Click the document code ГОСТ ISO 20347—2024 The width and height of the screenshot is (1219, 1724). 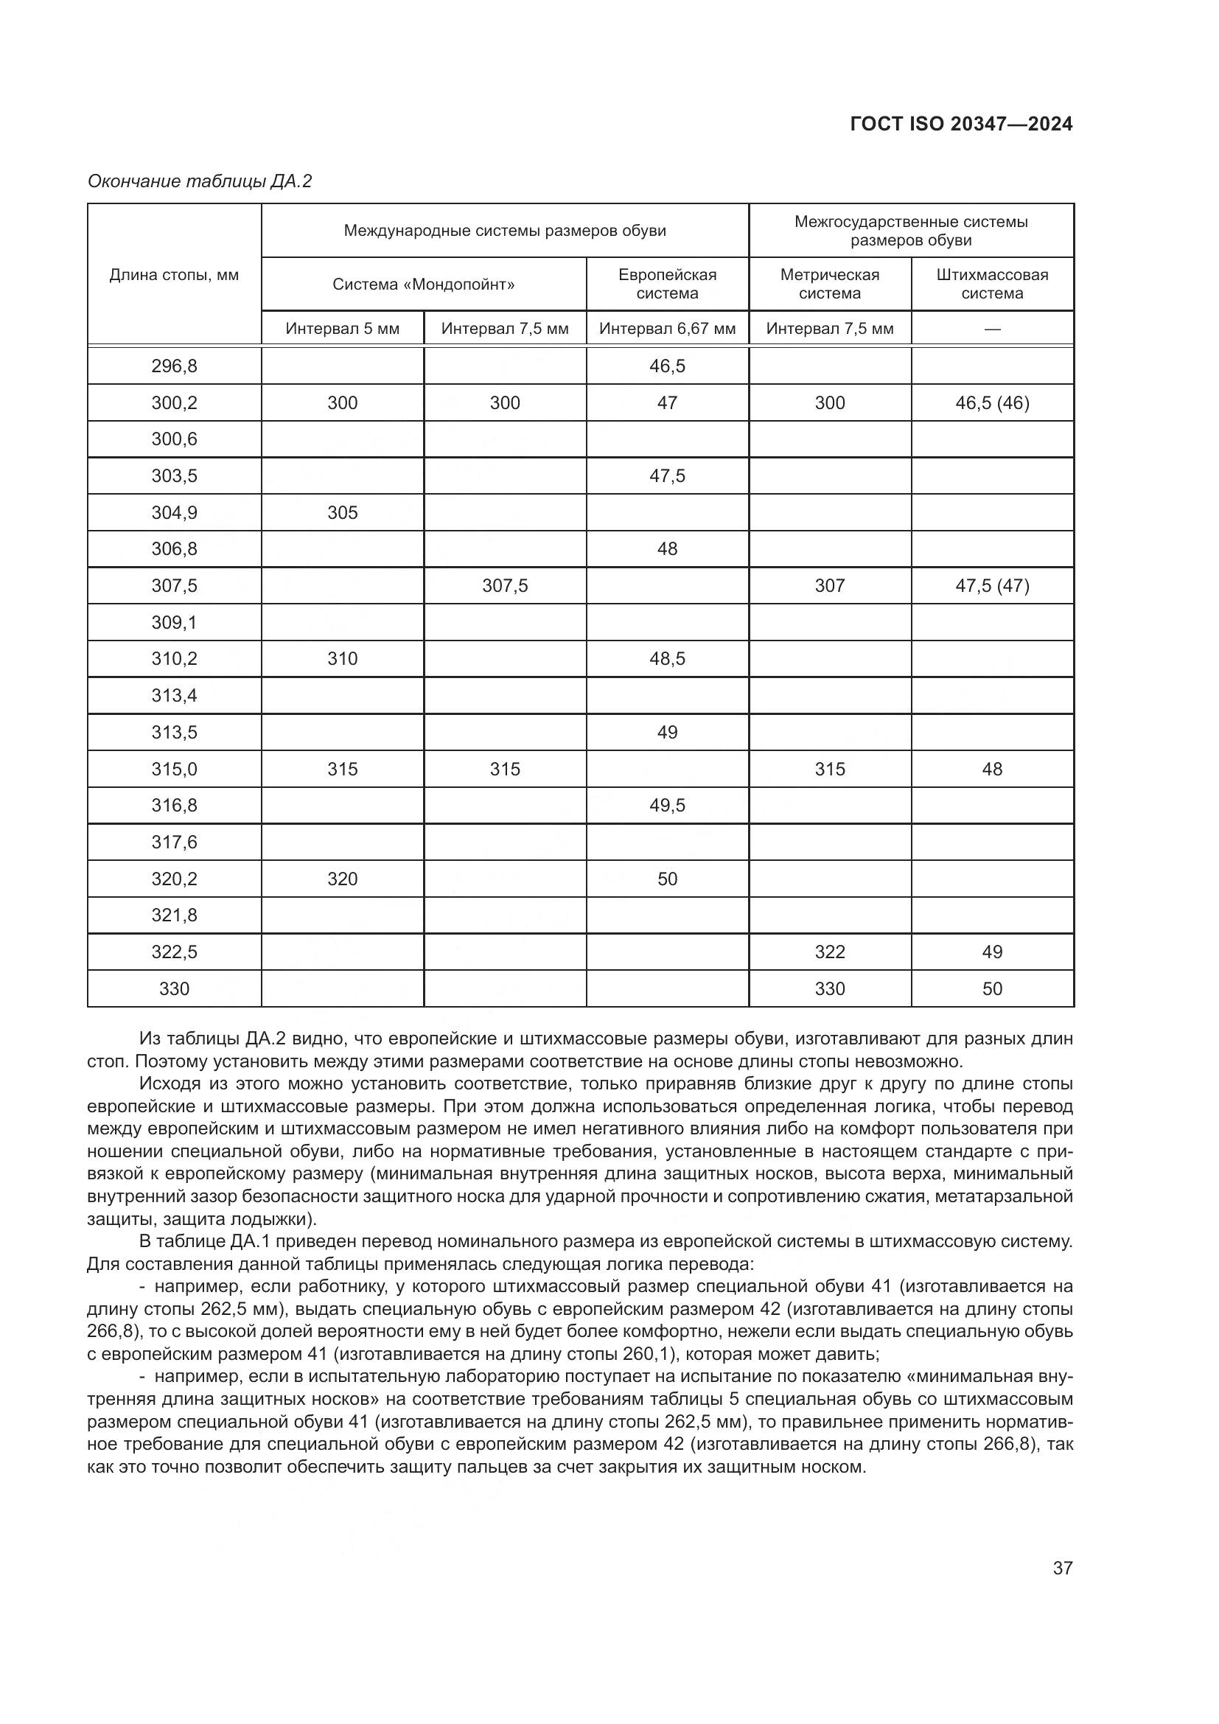[x=961, y=124]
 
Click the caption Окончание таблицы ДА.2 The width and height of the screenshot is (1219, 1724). [x=199, y=181]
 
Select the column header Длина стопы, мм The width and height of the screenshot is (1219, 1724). [x=174, y=275]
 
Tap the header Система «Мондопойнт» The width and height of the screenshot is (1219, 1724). [x=423, y=285]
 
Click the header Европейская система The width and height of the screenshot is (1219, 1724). [x=667, y=284]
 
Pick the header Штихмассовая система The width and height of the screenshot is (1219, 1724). [x=991, y=284]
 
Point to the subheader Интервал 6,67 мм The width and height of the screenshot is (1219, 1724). [x=667, y=329]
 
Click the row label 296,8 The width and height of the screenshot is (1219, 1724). [x=174, y=366]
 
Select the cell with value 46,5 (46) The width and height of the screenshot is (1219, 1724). [x=991, y=403]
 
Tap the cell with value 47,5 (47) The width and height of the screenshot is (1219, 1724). [x=991, y=586]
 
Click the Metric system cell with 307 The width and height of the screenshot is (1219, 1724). [x=829, y=586]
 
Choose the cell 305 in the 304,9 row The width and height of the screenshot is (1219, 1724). [x=342, y=513]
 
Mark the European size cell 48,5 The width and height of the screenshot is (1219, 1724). [x=667, y=658]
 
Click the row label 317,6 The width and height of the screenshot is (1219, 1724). [x=174, y=842]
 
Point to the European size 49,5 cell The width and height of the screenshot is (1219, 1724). [x=667, y=806]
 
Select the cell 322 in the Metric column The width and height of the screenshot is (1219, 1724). [x=829, y=952]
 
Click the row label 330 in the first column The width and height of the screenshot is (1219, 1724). [x=174, y=989]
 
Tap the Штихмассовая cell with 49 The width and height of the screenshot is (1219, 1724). [x=991, y=952]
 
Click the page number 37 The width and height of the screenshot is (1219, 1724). [x=1062, y=1568]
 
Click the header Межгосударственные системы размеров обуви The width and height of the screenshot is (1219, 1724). [x=910, y=231]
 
